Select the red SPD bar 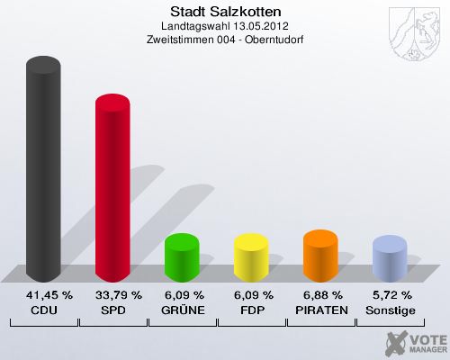(112, 189)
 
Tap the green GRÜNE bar (182, 256)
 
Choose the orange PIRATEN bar (320, 255)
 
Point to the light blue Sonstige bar (390, 258)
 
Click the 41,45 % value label (43, 294)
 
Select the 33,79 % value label (112, 294)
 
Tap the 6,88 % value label (320, 294)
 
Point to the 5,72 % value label (390, 294)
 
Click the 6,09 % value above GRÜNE (182, 294)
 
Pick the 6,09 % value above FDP (251, 294)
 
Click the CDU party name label (43, 310)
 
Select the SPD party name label (112, 310)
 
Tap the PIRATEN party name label (320, 310)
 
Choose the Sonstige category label (390, 310)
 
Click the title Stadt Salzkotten (225, 12)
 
